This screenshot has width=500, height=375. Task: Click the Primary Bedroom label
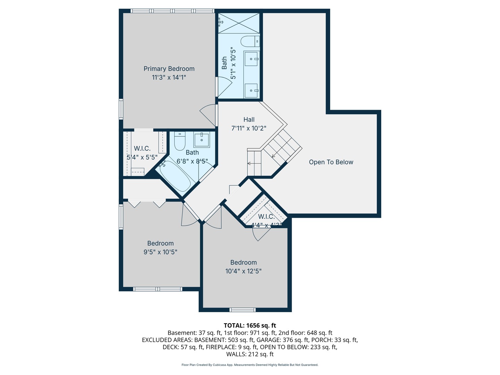(x=169, y=69)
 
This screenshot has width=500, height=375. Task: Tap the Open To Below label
(x=331, y=162)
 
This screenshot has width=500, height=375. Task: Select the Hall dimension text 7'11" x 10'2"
(x=249, y=128)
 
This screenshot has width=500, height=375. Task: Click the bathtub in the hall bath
(x=175, y=176)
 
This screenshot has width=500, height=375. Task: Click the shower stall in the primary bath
(x=239, y=23)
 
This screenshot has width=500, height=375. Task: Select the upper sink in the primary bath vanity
(x=251, y=59)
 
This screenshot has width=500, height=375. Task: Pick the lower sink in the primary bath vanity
(x=251, y=91)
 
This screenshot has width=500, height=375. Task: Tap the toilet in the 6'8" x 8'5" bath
(x=180, y=141)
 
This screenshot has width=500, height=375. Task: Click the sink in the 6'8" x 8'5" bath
(x=201, y=140)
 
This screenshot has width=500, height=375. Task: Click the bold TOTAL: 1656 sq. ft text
(x=250, y=325)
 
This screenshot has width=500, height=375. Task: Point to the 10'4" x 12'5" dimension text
(x=243, y=271)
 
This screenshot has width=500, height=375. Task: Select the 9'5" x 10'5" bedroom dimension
(x=160, y=252)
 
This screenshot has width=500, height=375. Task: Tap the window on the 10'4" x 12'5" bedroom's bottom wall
(x=242, y=310)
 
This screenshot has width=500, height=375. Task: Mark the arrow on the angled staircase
(x=273, y=156)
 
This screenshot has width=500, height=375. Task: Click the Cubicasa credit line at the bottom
(x=250, y=365)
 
